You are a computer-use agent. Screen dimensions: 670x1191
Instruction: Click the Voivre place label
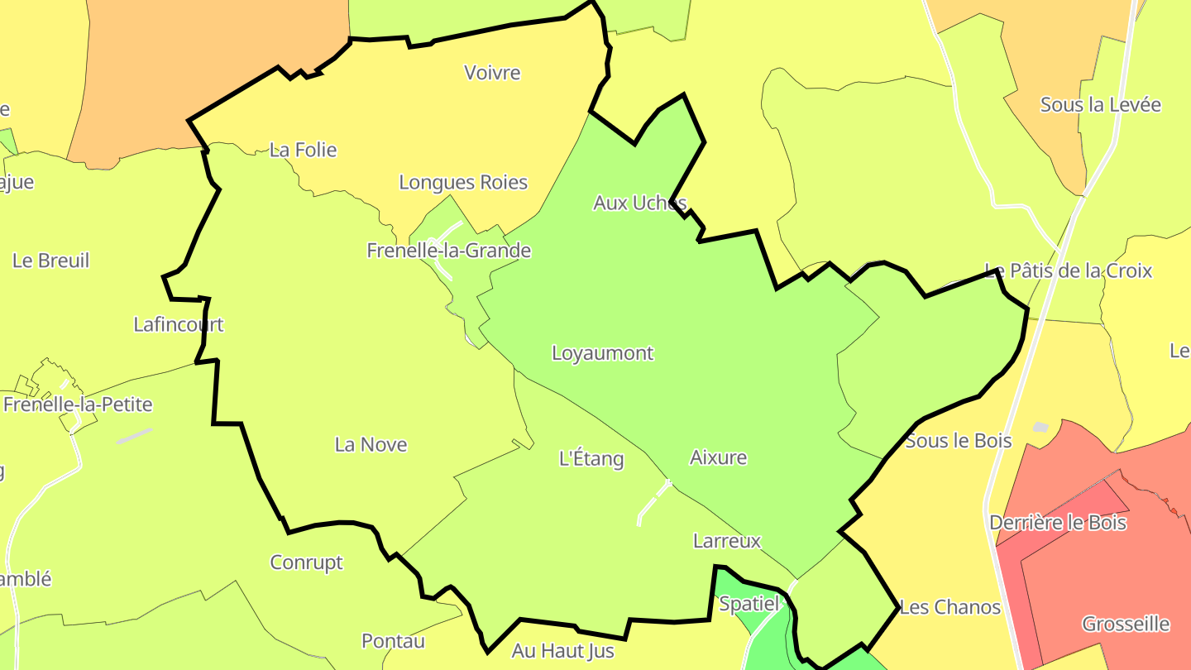492,73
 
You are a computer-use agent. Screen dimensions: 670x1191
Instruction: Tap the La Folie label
304,150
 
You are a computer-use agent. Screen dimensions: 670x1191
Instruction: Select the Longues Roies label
463,182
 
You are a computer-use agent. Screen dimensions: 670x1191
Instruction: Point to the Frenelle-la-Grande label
449,250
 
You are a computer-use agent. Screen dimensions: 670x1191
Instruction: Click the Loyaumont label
602,353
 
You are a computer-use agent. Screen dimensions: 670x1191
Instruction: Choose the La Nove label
371,445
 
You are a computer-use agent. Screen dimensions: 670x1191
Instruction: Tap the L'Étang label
591,458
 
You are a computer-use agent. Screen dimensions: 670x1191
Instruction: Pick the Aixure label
718,457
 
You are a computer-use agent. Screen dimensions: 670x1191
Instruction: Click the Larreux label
726,542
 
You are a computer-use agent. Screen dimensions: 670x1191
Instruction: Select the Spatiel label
749,604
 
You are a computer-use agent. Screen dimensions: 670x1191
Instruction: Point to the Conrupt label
306,562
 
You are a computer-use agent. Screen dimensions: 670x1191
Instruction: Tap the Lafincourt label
179,324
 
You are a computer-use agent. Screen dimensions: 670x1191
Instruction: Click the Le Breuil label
50,261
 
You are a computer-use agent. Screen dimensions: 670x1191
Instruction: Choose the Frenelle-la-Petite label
78,404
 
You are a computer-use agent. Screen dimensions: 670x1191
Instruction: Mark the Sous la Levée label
1100,105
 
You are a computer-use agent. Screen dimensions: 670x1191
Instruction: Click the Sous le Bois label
959,441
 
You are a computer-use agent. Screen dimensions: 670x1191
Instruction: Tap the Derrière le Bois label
1058,523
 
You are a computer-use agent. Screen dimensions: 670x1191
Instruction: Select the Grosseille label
1126,624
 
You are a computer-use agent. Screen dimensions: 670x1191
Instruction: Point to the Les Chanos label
949,607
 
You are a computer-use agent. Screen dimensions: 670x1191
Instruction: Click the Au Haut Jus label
562,651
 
